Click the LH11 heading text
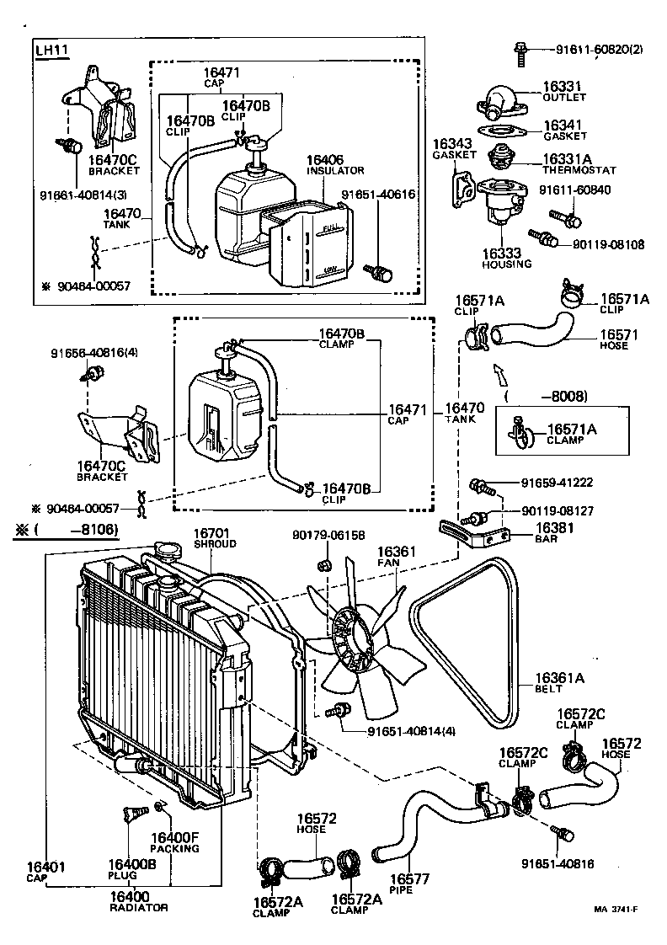pyautogui.click(x=51, y=50)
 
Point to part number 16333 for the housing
pyautogui.click(x=502, y=253)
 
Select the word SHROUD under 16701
pyautogui.click(x=216, y=544)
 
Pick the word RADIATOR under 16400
pyautogui.click(x=139, y=907)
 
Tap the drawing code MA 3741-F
pyautogui.click(x=615, y=909)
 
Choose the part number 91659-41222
pyautogui.click(x=557, y=483)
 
